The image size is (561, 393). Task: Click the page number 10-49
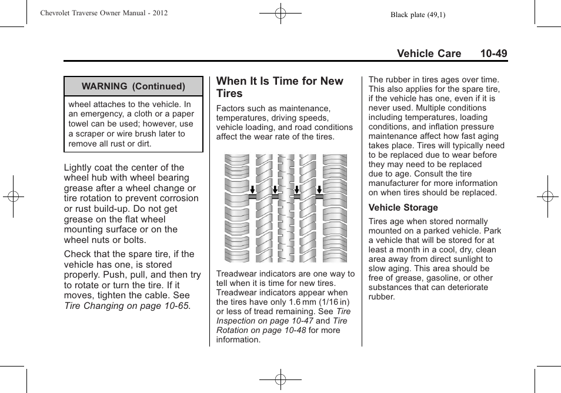pos(493,54)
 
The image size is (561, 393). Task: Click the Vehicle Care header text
pos(429,54)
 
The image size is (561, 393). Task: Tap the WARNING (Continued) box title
pos(133,86)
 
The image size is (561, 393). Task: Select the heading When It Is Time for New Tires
pos(279,87)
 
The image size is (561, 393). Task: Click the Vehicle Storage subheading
pos(403,208)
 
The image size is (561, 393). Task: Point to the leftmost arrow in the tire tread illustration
pos(252,190)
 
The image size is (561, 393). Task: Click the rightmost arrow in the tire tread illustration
pos(319,190)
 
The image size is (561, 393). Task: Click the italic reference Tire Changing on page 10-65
pos(127,306)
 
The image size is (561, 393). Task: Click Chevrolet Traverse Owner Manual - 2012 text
pos(104,13)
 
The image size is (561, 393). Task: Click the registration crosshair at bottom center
pos(280,380)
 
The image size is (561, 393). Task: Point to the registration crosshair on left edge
pos(13,196)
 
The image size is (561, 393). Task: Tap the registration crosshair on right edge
pos(547,196)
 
